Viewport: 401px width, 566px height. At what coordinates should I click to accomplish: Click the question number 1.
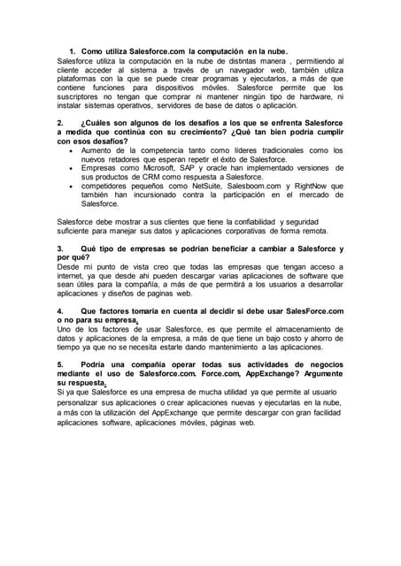point(72,53)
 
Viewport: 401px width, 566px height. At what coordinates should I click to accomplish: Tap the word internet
point(74,275)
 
